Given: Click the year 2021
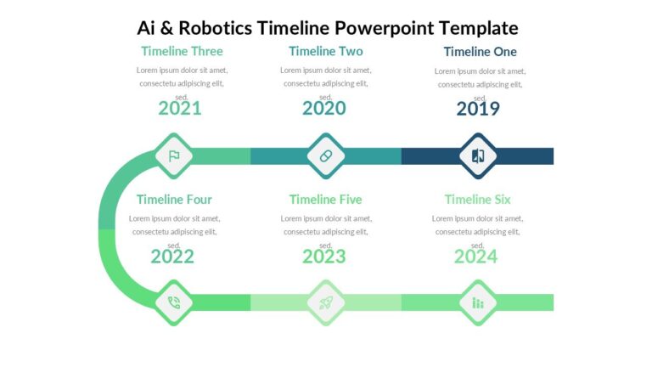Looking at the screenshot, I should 180,109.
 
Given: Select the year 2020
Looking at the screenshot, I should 324,109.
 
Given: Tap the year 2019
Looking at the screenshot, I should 478,109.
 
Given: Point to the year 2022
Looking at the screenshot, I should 172,257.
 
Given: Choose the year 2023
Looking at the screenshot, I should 324,257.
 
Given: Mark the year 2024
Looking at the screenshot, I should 475,257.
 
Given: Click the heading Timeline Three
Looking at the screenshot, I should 182,52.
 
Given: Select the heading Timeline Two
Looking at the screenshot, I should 325,52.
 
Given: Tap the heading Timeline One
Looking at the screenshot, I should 480,52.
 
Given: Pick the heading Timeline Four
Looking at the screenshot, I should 174,200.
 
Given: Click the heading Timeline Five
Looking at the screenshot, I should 325,200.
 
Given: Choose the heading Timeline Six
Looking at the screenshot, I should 478,200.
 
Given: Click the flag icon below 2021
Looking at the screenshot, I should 174,155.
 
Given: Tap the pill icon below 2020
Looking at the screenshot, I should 325,155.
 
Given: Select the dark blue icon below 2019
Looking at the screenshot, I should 477,155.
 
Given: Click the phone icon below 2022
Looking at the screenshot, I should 174,302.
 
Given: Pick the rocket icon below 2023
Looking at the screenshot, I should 325,302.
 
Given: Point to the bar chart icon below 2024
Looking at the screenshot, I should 477,302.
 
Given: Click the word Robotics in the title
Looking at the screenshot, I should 216,28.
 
